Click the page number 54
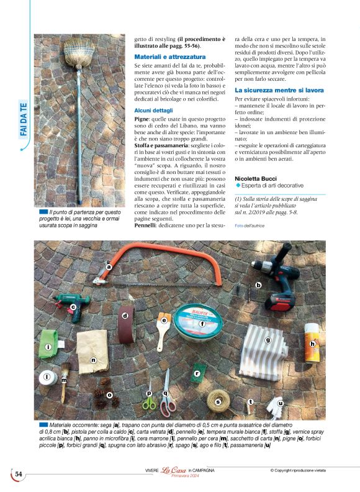[x=18, y=474]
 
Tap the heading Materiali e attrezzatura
[x=168, y=57]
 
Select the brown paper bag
[x=93, y=350]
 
